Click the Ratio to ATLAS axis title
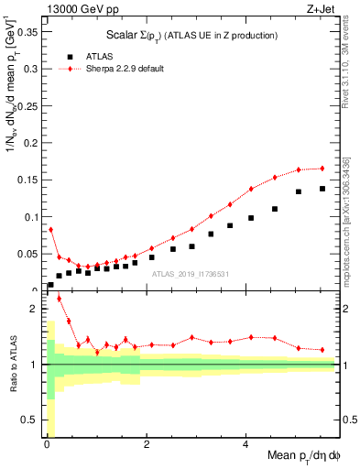12,365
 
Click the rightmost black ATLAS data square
322,189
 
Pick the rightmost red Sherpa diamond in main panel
322,168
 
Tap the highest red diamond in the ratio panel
60,299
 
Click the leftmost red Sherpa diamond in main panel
50,229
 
